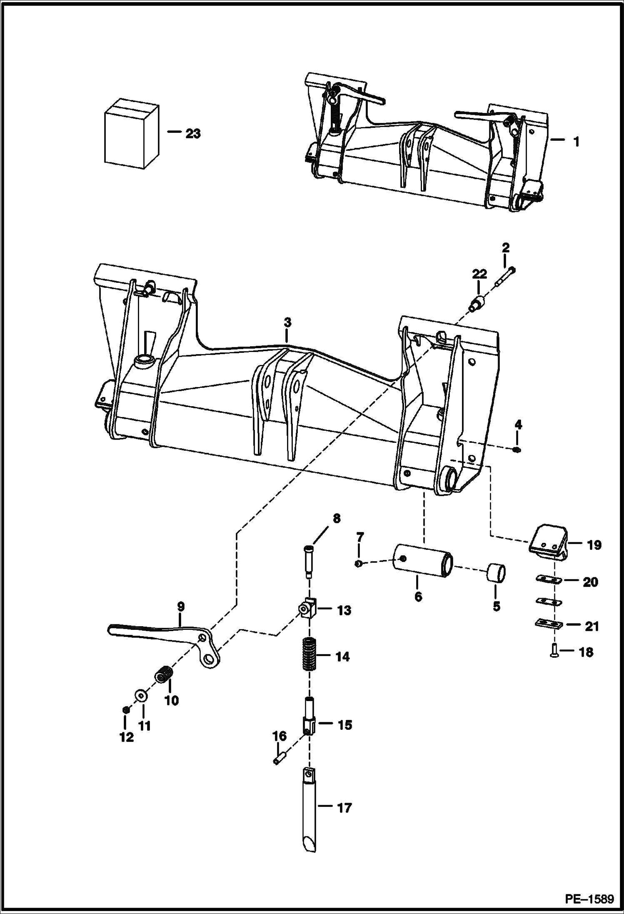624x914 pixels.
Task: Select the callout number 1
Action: [576, 142]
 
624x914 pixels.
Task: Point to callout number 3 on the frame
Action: [287, 323]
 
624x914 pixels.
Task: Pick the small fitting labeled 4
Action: [517, 450]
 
